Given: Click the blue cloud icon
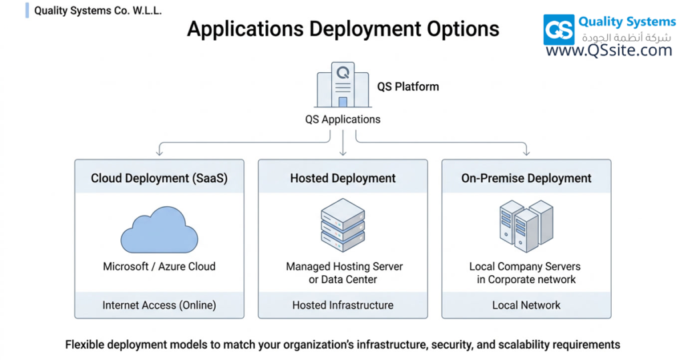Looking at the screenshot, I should pyautogui.click(x=159, y=230).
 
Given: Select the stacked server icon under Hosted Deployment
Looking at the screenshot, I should pyautogui.click(x=343, y=224).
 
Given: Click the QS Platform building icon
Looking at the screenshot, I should pyautogui.click(x=343, y=86).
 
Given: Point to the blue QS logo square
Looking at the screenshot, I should pyautogui.click(x=559, y=30).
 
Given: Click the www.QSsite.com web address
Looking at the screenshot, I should pyautogui.click(x=609, y=50).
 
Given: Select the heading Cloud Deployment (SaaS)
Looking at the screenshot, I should pyautogui.click(x=159, y=178).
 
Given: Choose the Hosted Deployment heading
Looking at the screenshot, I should pyautogui.click(x=343, y=178).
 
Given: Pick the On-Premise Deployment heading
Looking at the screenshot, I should pyautogui.click(x=526, y=178).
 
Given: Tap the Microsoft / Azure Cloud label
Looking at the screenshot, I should pyautogui.click(x=159, y=266).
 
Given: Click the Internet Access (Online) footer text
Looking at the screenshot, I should pyautogui.click(x=159, y=305).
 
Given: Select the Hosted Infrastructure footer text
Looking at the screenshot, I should pyautogui.click(x=343, y=305).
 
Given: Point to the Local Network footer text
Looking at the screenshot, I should pyautogui.click(x=526, y=305).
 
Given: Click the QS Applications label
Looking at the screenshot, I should pyautogui.click(x=343, y=120).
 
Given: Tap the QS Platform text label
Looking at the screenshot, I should pyautogui.click(x=408, y=87).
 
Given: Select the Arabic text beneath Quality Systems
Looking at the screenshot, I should pyautogui.click(x=626, y=37).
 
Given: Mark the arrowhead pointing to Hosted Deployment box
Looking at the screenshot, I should pyautogui.click(x=343, y=153).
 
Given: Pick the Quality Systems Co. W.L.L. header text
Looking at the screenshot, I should pyautogui.click(x=98, y=11).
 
